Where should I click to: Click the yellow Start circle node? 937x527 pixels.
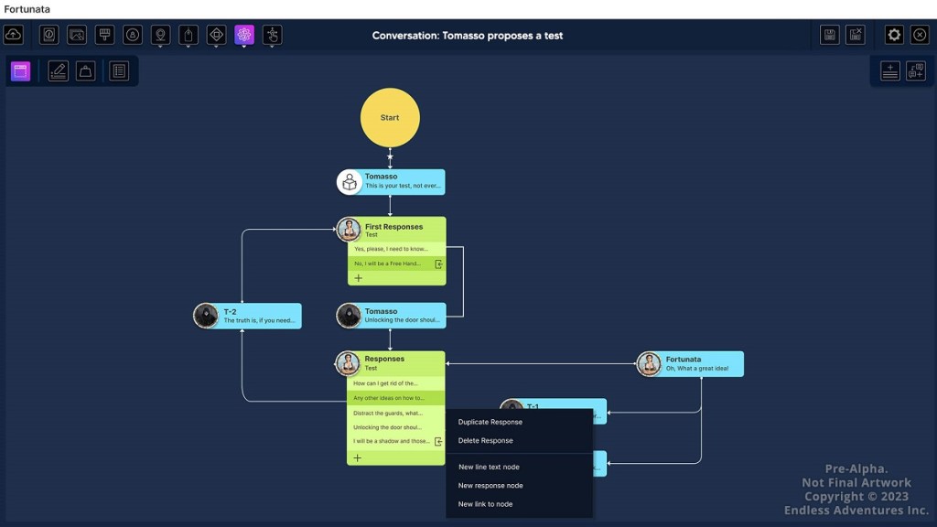pos(390,117)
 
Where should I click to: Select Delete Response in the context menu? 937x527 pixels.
pos(486,440)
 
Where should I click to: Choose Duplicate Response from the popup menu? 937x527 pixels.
pos(490,422)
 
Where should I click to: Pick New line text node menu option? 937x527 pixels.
pos(489,467)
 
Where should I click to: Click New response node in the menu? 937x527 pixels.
pos(490,485)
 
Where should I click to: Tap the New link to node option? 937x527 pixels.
pos(485,504)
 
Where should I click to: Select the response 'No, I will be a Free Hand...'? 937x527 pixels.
pos(388,263)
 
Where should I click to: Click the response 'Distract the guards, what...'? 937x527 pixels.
pos(388,413)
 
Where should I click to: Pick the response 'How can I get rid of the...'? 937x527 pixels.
pos(386,383)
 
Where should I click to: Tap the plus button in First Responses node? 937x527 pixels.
pos(359,278)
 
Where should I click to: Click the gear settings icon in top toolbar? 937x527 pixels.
pos(894,35)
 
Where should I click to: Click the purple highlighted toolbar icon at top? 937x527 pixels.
pos(243,35)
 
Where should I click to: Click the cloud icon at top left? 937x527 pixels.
pos(14,35)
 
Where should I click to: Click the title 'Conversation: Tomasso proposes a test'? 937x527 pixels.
pos(468,36)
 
